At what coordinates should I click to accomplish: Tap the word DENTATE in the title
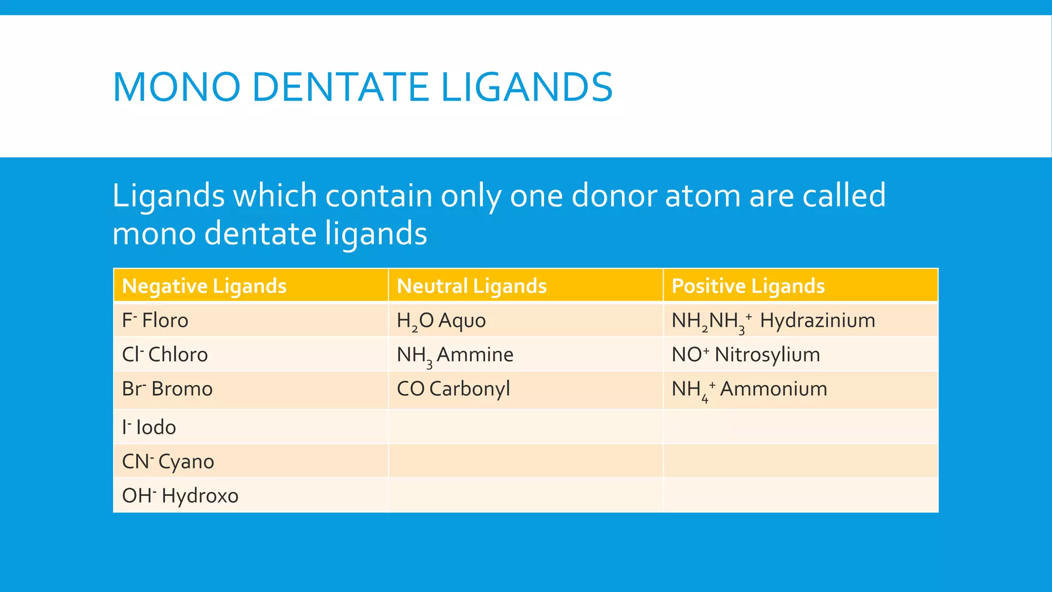340,87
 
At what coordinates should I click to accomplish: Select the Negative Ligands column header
204,286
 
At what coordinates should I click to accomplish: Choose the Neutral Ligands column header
472,286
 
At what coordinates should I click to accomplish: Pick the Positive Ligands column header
748,286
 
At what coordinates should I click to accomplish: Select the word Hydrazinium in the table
817,321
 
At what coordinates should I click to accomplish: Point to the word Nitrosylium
767,355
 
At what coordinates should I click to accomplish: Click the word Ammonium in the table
774,389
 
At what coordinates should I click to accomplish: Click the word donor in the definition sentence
614,196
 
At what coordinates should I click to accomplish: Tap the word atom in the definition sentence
703,196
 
